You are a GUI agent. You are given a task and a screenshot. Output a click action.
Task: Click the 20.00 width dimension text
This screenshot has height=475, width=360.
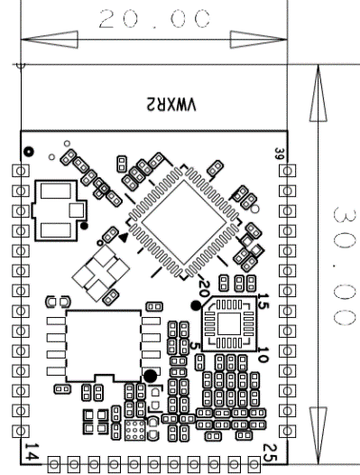pos(154,19)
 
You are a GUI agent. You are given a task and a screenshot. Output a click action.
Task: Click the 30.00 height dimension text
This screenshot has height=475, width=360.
pos(344,266)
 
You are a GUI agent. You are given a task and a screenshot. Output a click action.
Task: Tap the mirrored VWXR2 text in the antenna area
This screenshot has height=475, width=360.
pos(171,105)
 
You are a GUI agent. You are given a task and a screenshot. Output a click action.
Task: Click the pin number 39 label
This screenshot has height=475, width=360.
pos(279,154)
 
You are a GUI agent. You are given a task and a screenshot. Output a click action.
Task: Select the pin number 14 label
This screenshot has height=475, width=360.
pos(32,452)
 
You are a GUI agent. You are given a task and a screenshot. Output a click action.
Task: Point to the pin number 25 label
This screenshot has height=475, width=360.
pos(270,453)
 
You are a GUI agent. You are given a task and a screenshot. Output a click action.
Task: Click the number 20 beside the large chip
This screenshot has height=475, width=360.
pos(204,289)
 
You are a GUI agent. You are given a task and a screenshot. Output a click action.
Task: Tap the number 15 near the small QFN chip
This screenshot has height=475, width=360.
pos(263,301)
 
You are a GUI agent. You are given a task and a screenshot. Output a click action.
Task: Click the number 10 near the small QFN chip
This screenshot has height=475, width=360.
pos(263,354)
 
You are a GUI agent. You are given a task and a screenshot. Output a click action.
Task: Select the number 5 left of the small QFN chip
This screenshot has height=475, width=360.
pos(195,346)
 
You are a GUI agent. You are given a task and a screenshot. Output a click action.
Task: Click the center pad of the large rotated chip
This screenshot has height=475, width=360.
pos(184,222)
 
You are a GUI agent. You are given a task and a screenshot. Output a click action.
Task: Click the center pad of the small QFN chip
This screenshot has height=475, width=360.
pos(229,324)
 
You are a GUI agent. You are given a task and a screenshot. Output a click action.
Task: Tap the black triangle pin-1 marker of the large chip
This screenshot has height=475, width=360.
pos(124,237)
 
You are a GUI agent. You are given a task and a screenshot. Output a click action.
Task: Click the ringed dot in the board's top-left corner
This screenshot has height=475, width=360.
pos(29,151)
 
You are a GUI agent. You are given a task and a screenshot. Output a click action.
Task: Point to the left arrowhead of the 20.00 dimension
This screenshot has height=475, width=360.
pos(50,40)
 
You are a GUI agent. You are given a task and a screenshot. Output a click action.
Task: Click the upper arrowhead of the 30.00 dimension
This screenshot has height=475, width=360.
pos(318,93)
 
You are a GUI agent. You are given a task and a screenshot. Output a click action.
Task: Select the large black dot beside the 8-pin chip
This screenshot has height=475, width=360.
pos(150,376)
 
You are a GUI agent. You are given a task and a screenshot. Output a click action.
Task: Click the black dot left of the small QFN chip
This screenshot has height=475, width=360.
pos(196,305)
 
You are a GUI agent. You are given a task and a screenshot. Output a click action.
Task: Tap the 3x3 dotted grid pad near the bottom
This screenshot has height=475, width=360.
pos(135,431)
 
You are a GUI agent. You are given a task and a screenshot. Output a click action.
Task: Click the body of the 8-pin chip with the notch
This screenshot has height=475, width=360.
pos(104,345)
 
